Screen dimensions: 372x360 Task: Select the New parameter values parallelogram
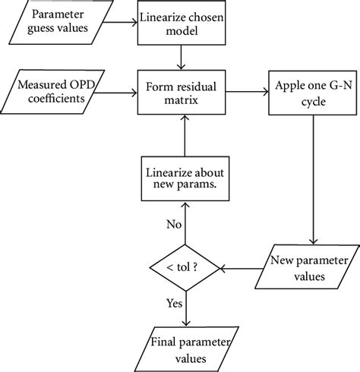pyautogui.click(x=302, y=267)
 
